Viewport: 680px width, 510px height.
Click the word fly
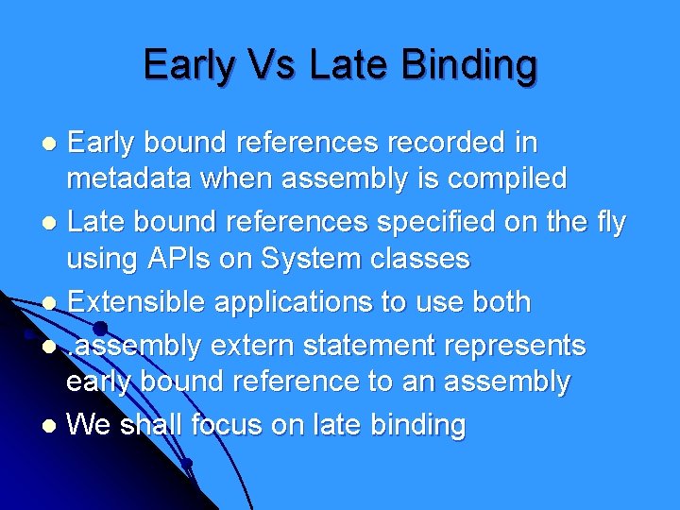tap(603, 222)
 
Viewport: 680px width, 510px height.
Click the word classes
tap(426, 258)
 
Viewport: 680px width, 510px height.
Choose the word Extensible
tap(138, 302)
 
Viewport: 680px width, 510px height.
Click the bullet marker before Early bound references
tap(53, 144)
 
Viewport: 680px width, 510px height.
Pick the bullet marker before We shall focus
tap(53, 426)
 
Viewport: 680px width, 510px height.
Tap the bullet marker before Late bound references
tap(53, 223)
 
